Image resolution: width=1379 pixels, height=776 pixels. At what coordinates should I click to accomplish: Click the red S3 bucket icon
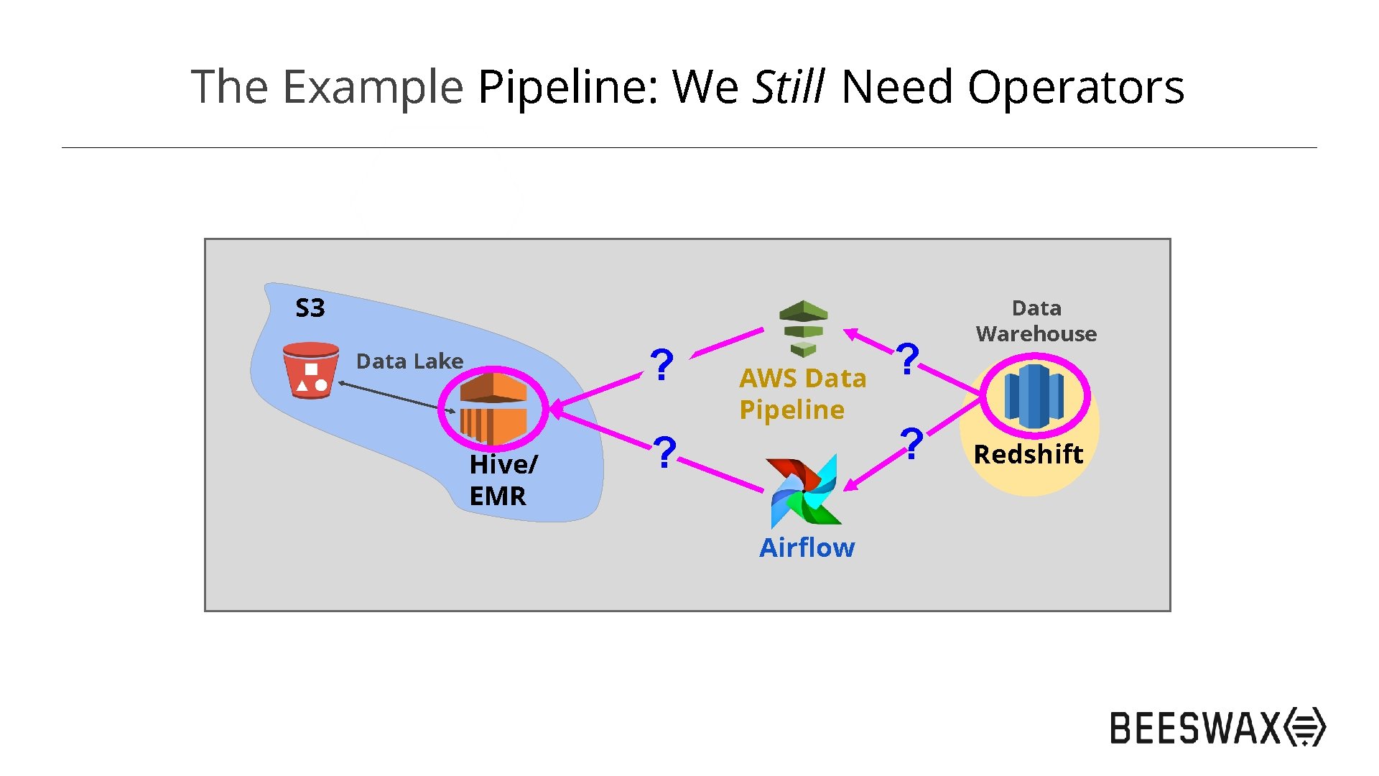(311, 370)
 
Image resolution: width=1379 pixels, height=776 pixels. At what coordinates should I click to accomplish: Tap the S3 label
(310, 308)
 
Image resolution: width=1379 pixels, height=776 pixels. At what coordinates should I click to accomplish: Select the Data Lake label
(409, 361)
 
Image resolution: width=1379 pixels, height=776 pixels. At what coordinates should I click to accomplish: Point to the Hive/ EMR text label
(502, 480)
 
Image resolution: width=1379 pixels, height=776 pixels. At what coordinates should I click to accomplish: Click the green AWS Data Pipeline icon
(804, 328)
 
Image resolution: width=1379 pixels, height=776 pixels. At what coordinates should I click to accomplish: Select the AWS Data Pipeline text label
(802, 394)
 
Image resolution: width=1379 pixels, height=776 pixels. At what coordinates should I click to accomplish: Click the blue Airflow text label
(807, 548)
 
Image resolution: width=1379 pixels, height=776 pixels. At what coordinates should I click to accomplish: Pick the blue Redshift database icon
(1034, 395)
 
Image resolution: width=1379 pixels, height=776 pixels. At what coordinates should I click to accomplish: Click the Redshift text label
(1028, 454)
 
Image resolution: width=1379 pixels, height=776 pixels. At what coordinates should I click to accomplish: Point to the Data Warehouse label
(1036, 320)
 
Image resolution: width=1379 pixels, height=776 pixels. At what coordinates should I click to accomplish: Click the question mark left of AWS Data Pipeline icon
(661, 365)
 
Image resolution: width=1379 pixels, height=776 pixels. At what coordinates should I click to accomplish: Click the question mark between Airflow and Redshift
(911, 443)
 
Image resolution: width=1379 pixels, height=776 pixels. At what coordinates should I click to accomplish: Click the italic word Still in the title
(788, 87)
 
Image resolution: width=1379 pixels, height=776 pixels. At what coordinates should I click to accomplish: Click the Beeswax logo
(1217, 727)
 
